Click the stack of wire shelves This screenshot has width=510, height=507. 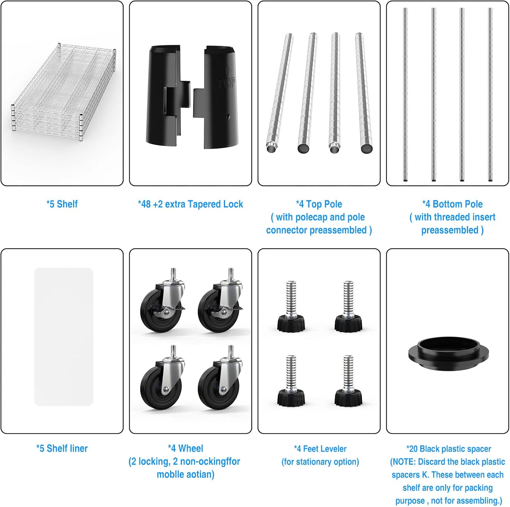tap(64, 93)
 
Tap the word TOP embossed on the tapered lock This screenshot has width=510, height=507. tap(226, 83)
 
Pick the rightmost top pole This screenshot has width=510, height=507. tap(364, 92)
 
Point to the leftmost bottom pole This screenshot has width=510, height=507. tap(405, 95)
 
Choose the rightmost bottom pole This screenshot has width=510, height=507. tap(490, 95)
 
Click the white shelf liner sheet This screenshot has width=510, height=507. tap(64, 337)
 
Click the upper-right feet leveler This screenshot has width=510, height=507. tap(348, 306)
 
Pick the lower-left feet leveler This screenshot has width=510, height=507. tap(291, 381)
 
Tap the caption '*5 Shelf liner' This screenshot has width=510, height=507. tap(62, 449)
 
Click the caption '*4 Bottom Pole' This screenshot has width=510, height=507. tap(452, 204)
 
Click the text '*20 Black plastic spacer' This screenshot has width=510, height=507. tap(448, 449)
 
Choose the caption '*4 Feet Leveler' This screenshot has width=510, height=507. tap(320, 449)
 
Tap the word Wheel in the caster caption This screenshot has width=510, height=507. tap(190, 449)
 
